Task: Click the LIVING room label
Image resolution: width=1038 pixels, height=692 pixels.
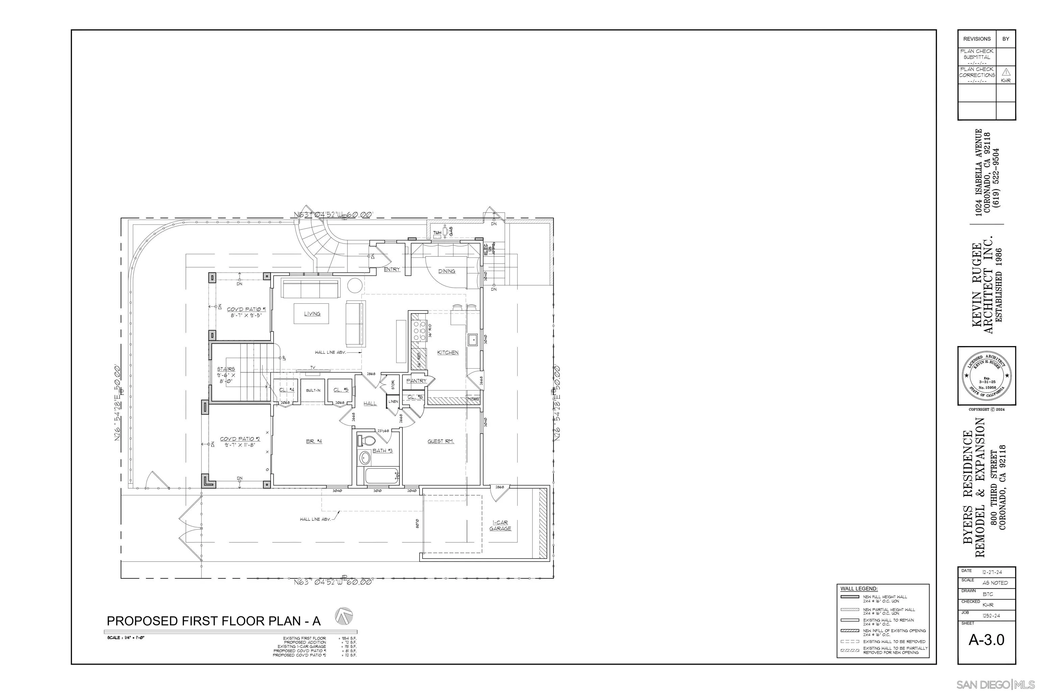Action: pyautogui.click(x=312, y=314)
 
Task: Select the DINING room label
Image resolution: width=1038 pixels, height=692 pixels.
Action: pyautogui.click(x=447, y=271)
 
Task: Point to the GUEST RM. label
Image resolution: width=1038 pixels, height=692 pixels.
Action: pyautogui.click(x=441, y=441)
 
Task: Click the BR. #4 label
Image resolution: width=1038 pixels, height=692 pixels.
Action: pyautogui.click(x=314, y=441)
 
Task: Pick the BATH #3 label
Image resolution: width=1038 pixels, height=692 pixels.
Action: pyautogui.click(x=382, y=451)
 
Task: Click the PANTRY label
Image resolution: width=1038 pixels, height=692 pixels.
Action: pyautogui.click(x=416, y=380)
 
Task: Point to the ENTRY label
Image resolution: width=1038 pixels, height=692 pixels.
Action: pyautogui.click(x=392, y=269)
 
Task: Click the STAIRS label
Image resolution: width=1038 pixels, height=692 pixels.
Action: pyautogui.click(x=226, y=369)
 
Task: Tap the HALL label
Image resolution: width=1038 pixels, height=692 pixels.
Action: pyautogui.click(x=370, y=403)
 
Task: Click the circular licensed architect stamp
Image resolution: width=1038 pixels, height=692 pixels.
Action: pyautogui.click(x=986, y=376)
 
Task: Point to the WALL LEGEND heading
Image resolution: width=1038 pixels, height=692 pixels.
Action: pyautogui.click(x=859, y=589)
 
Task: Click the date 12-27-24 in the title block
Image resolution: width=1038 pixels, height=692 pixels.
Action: pyautogui.click(x=992, y=572)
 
